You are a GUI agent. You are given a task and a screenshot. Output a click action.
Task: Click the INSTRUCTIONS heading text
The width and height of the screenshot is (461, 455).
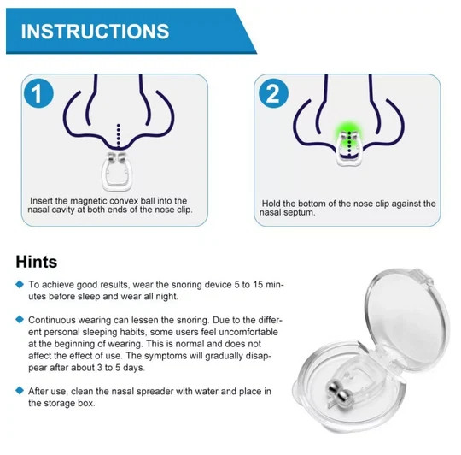(95, 31)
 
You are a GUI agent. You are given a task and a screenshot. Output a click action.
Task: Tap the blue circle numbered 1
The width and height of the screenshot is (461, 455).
(38, 93)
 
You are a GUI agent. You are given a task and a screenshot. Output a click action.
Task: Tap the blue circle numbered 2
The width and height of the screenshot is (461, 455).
(273, 93)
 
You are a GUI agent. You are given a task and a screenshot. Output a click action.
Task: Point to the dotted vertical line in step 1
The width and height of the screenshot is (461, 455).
(118, 136)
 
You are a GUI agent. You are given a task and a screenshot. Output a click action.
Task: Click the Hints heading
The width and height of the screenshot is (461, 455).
(37, 262)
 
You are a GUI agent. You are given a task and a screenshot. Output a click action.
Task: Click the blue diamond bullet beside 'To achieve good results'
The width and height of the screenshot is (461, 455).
(20, 284)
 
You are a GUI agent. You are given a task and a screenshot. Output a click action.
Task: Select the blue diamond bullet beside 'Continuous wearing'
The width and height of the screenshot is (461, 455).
(20, 320)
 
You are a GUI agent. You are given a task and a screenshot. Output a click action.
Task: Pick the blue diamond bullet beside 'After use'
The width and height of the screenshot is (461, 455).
(20, 391)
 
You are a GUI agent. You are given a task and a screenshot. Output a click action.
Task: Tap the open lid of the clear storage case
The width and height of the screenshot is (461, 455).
(407, 316)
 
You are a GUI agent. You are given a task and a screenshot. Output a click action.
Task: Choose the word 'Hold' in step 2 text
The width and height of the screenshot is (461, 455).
(271, 204)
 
